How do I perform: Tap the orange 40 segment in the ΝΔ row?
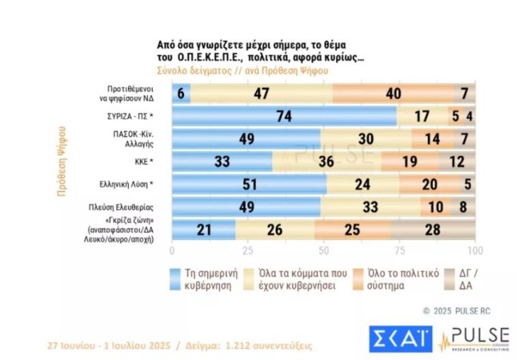pos(393,93)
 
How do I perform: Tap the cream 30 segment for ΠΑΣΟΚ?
pos(366,139)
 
